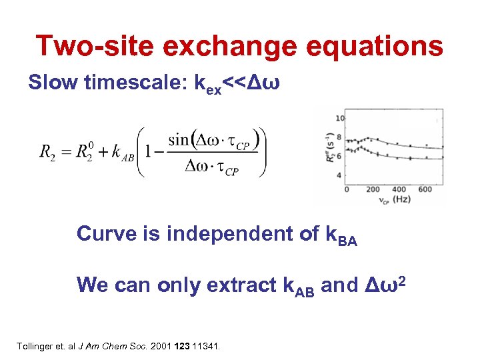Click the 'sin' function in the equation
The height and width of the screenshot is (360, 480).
179,141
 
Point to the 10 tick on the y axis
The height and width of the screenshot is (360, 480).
340,118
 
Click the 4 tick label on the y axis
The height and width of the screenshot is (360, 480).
340,175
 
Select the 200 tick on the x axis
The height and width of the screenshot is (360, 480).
373,189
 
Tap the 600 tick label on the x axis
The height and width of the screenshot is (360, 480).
425,189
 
